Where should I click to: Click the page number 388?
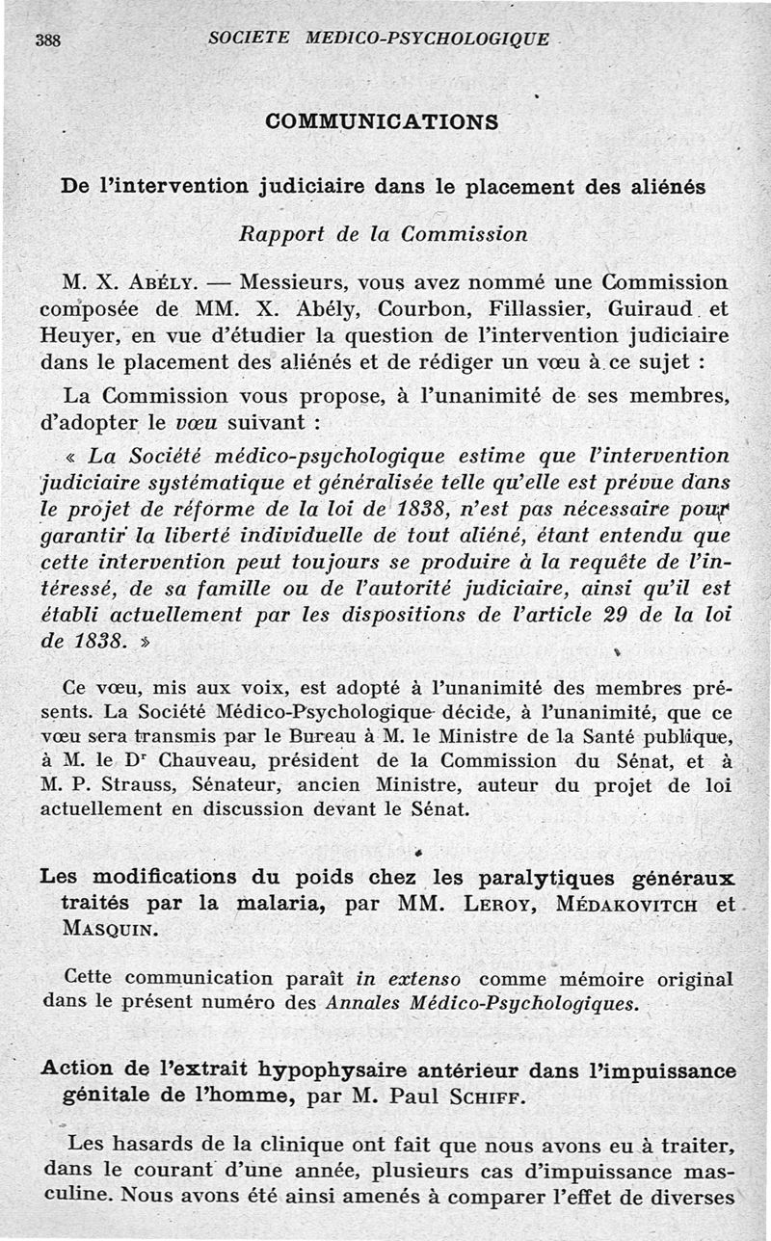[47, 40]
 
